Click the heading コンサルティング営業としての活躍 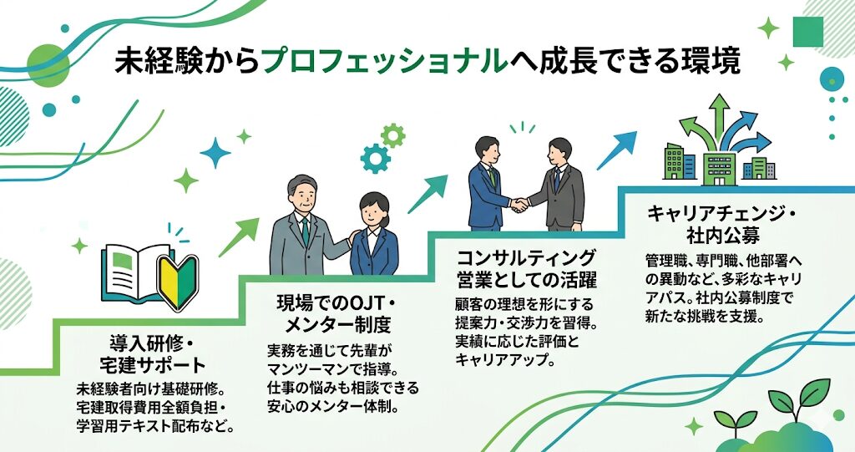pos(525,267)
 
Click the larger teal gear pos(375,157)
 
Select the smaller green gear pos(392,135)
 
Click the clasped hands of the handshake pos(520,204)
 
